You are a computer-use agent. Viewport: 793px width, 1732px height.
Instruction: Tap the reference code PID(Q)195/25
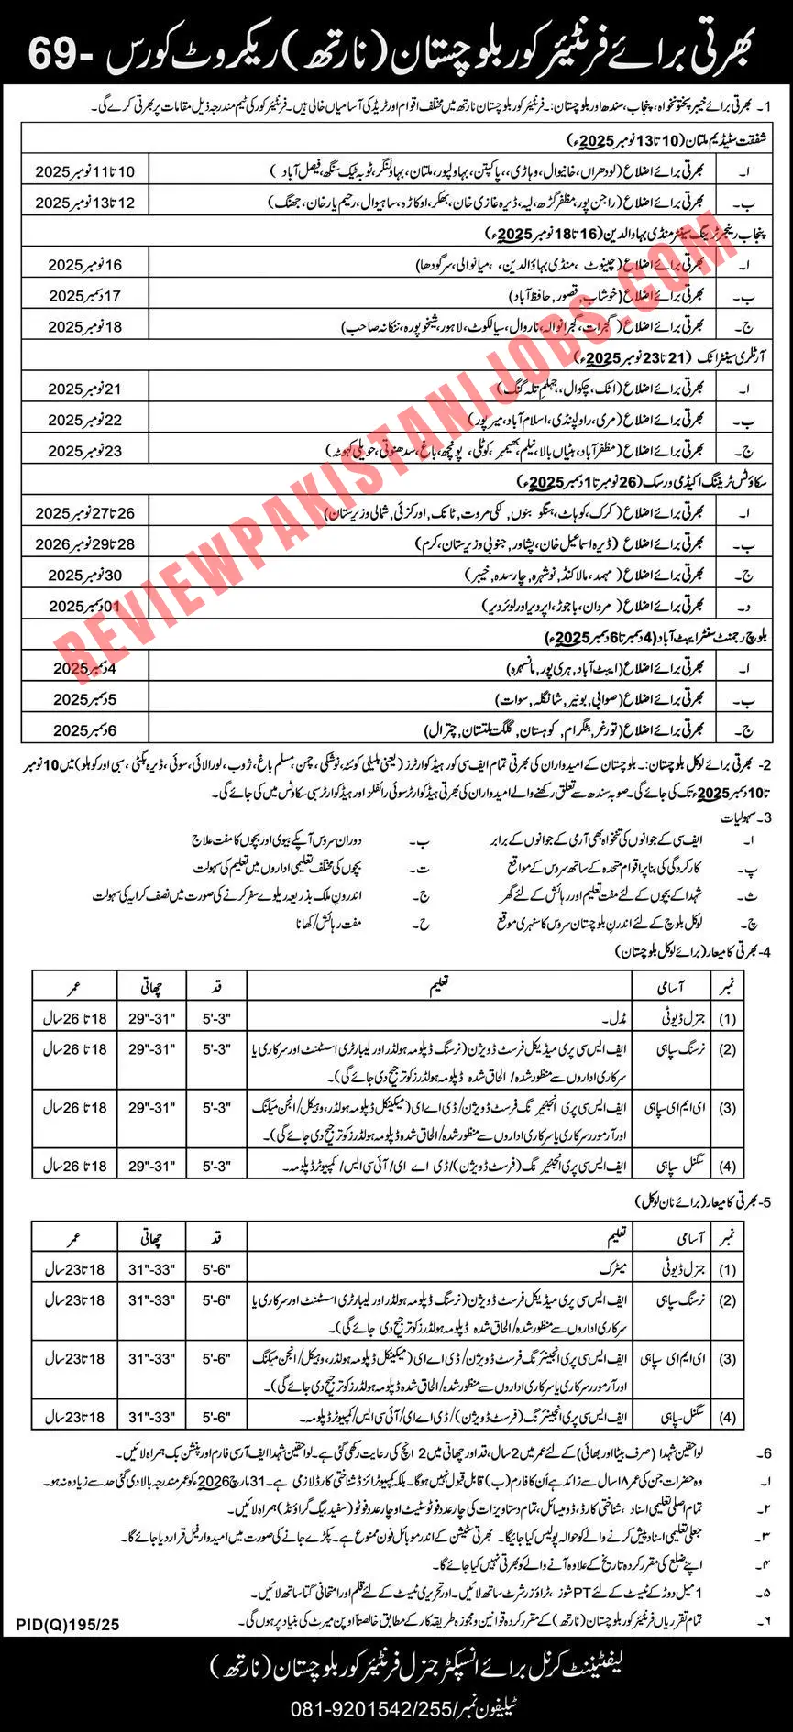point(68,1625)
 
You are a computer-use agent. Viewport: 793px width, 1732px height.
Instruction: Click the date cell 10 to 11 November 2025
point(85,171)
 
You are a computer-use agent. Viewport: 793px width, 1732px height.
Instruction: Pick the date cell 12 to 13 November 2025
point(85,203)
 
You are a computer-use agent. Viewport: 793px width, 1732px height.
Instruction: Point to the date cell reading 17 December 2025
point(85,296)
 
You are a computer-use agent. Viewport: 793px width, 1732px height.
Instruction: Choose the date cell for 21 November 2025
point(85,389)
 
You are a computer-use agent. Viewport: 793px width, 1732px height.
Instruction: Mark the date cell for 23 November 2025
point(85,451)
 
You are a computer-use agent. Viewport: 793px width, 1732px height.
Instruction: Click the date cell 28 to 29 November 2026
point(85,544)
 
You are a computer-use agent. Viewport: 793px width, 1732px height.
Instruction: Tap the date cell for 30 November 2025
point(85,576)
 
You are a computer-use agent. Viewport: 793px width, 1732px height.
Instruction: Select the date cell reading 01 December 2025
point(85,607)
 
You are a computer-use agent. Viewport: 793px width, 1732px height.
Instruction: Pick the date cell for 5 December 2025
point(85,699)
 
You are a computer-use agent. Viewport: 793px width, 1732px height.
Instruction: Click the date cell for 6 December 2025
point(85,730)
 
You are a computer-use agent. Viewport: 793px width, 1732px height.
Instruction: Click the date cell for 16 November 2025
point(85,265)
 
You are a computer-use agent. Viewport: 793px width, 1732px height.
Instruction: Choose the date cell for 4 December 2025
point(85,668)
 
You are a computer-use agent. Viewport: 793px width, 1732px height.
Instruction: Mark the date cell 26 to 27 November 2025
point(85,513)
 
